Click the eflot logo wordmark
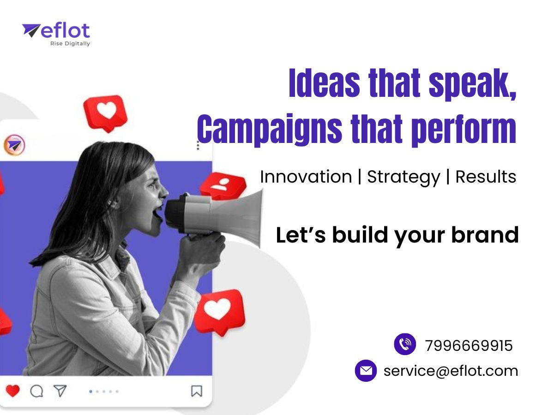click(65, 31)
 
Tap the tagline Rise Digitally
click(70, 44)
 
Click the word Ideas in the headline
click(325, 83)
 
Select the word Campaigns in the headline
click(270, 129)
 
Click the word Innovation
click(306, 177)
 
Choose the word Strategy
click(403, 178)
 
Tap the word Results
click(486, 177)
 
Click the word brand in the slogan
click(485, 235)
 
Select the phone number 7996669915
click(469, 345)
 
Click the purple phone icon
click(405, 344)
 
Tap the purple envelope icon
click(366, 371)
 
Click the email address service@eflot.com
click(451, 371)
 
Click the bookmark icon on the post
click(197, 391)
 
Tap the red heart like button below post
click(12, 391)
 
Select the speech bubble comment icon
click(36, 391)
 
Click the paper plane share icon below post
click(60, 391)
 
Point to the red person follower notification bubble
click(223, 185)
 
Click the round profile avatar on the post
click(14, 145)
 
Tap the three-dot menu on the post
click(198, 145)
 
